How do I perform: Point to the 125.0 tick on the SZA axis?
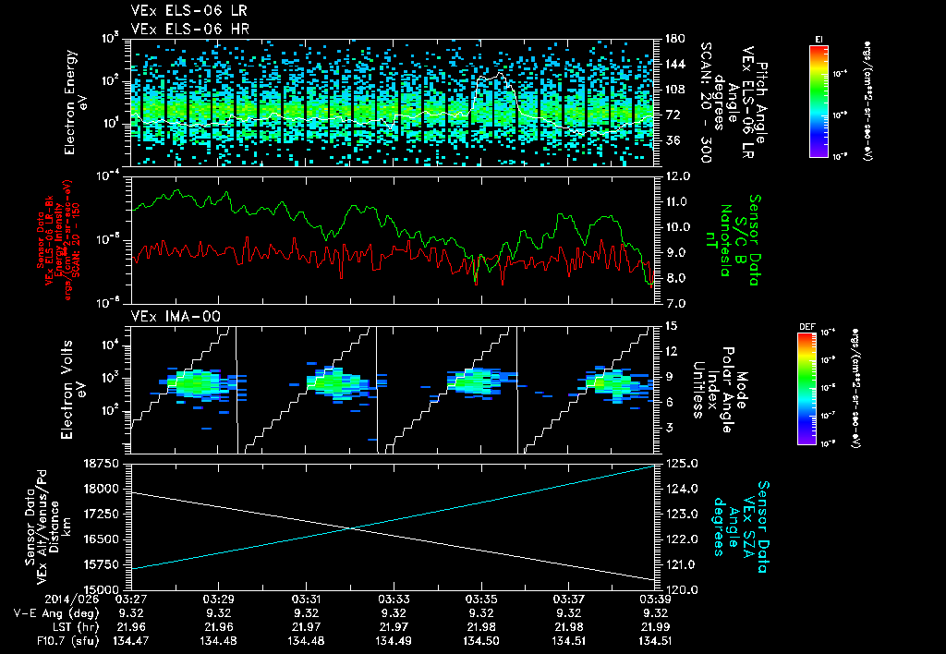(x=679, y=463)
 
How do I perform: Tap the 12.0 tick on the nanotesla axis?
(x=676, y=176)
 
